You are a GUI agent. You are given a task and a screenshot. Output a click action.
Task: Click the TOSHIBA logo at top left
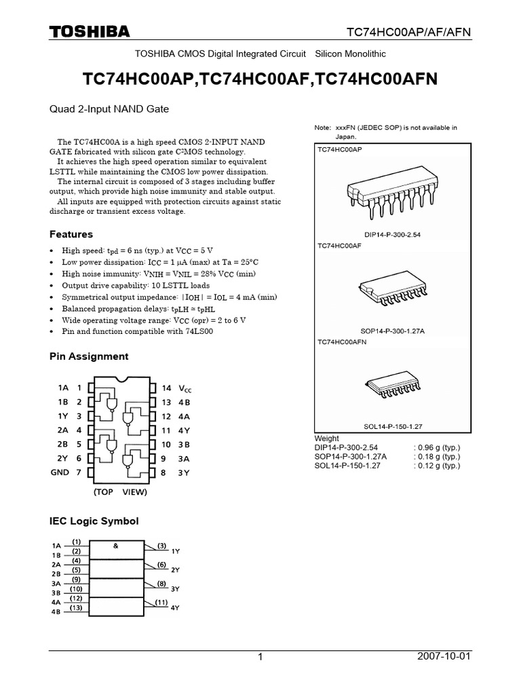pos(89,32)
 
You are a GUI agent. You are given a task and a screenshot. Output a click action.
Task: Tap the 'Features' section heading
pos(71,234)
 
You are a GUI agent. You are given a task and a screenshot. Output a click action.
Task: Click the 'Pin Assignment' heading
pos(89,356)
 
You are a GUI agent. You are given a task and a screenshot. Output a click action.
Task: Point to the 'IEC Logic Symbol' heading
pos(94,521)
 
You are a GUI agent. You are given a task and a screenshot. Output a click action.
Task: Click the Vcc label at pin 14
pos(185,388)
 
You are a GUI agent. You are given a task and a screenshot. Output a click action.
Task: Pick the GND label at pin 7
pos(60,472)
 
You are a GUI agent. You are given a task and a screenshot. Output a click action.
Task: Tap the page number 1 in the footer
pos(260,658)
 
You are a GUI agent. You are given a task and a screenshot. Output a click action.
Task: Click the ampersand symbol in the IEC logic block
pos(116,546)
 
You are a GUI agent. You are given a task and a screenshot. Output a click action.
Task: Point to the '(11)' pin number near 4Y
pos(161,602)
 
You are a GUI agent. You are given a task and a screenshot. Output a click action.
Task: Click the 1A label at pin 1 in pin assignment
pos(64,388)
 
